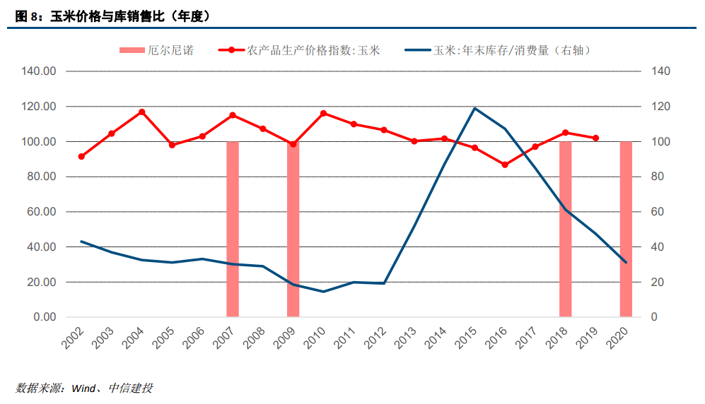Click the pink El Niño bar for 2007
tap(233, 229)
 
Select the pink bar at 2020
tap(626, 229)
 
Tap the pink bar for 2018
tap(565, 229)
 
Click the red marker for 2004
tap(141, 112)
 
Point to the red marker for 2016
tap(505, 165)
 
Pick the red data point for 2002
tap(81, 157)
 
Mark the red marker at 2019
tap(595, 138)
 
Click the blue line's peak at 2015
tap(474, 108)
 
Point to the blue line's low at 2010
tap(323, 291)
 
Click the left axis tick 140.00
tap(39, 71)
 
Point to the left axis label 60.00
tap(41, 211)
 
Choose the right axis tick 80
tap(658, 177)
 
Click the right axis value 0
tap(654, 317)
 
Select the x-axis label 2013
tap(405, 338)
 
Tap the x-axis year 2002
tap(72, 338)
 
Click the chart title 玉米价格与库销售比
tap(107, 16)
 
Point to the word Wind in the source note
tap(83, 388)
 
